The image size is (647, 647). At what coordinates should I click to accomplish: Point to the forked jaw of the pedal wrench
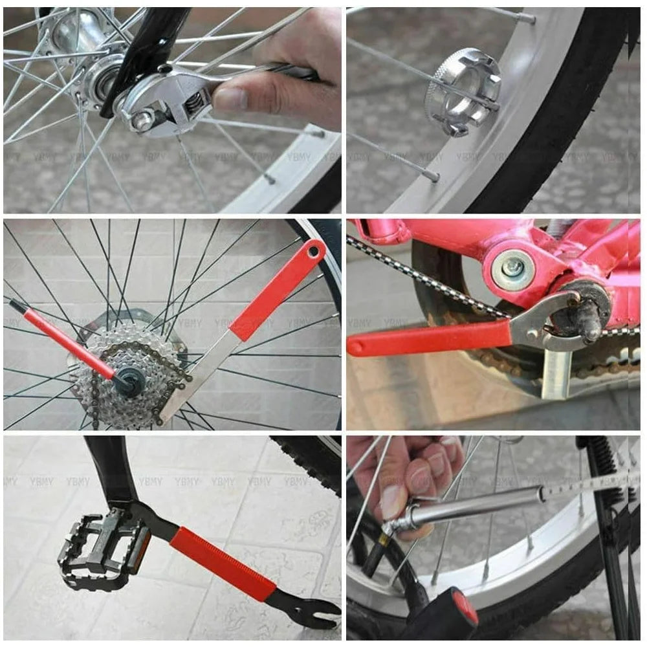tap(317, 611)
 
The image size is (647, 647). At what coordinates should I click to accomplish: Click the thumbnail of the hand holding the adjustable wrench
tap(230, 98)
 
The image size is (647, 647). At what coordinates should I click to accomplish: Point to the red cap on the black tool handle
tap(466, 608)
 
